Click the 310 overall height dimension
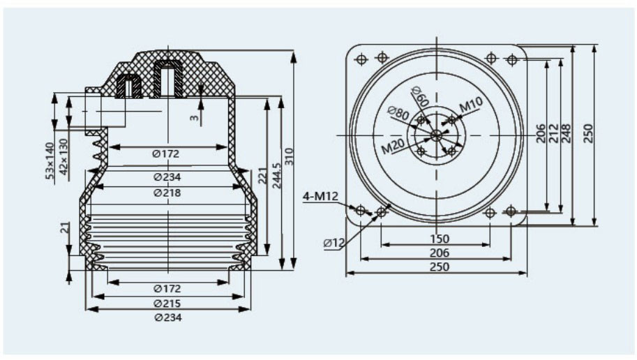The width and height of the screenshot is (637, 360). click(x=289, y=157)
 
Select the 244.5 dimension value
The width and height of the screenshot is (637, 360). click(x=277, y=176)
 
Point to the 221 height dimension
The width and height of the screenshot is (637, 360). click(x=263, y=176)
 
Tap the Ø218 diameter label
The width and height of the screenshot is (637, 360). click(x=167, y=192)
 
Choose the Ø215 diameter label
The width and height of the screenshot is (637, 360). click(x=167, y=303)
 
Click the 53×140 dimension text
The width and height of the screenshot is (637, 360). click(x=50, y=161)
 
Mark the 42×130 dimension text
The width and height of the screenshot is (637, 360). click(x=63, y=157)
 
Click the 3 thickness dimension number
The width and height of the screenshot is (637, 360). click(x=195, y=118)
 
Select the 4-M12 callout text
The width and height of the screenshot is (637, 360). click(x=320, y=196)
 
